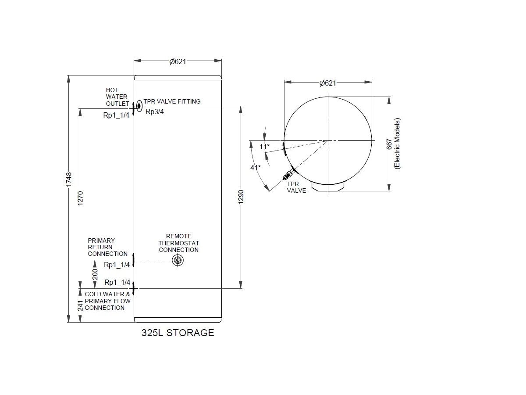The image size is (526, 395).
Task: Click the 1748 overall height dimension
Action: pos(69,180)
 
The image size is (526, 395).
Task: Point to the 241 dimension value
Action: pos(80,306)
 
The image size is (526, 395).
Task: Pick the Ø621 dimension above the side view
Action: pos(178,61)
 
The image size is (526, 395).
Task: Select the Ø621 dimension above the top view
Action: pos(327,83)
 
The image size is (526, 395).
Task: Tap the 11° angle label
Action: pos(264,147)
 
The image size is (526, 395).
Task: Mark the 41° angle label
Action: pos(256,167)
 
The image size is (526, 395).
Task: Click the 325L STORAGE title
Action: pos(178,333)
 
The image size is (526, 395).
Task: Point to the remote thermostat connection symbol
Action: pos(178,260)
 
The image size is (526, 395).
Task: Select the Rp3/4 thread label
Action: pos(155,111)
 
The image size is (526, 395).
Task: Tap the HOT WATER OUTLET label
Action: pos(117,97)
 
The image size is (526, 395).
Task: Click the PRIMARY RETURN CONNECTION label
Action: pos(107,247)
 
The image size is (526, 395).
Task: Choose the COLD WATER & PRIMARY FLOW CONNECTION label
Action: pos(107,301)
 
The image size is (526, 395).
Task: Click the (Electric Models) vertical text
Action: pos(397,144)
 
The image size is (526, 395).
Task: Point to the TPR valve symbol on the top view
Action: pos(289,175)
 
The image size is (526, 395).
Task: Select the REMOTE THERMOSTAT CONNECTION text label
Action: pos(178,243)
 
